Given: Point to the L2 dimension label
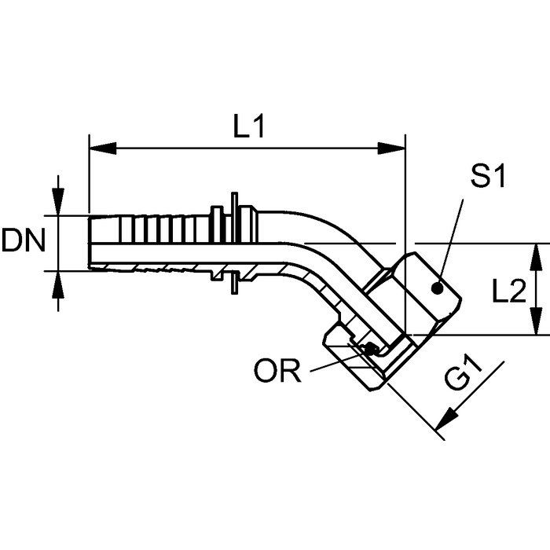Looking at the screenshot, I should [x=508, y=291].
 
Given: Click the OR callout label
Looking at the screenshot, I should [x=277, y=372].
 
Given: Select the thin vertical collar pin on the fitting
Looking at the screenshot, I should [x=233, y=244].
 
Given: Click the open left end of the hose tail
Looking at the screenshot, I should [x=90, y=243].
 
